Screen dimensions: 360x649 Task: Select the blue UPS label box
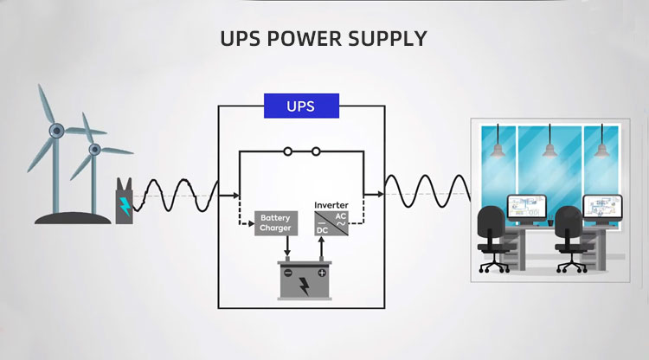pyautogui.click(x=300, y=106)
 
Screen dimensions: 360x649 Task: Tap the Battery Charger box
pyautogui.click(x=275, y=223)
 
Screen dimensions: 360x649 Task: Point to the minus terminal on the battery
pyautogui.click(x=286, y=273)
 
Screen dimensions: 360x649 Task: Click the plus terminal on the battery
pyautogui.click(x=322, y=273)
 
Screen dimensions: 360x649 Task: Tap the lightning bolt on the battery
pyautogui.click(x=305, y=285)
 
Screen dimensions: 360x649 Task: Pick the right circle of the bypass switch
pyautogui.click(x=316, y=151)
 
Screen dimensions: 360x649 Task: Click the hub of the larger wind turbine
pyautogui.click(x=55, y=131)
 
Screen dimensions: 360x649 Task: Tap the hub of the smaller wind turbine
pyautogui.click(x=93, y=150)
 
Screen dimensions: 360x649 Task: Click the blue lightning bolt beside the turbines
pyautogui.click(x=125, y=206)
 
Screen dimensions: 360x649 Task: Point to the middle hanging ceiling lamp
pyautogui.click(x=549, y=151)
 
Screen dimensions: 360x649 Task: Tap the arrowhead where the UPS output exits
pyautogui.click(x=379, y=195)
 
